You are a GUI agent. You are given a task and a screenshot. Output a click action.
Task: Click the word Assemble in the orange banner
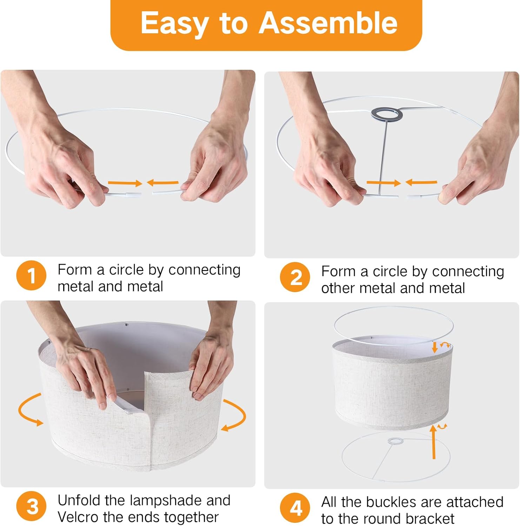click(328, 23)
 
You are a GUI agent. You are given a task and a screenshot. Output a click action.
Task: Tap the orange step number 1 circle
click(31, 276)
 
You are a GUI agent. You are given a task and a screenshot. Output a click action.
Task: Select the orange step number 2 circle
click(295, 277)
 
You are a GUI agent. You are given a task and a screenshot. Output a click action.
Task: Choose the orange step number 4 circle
click(295, 508)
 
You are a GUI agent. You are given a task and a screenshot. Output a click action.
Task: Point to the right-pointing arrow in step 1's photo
click(125, 183)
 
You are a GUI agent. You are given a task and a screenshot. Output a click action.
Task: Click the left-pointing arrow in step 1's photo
click(163, 182)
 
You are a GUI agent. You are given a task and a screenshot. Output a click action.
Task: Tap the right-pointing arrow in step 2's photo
click(384, 183)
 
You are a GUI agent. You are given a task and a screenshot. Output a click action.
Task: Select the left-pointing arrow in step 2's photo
click(421, 182)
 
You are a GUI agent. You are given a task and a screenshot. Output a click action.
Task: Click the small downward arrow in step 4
click(435, 347)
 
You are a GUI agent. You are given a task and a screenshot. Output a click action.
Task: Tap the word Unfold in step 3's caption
click(79, 500)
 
